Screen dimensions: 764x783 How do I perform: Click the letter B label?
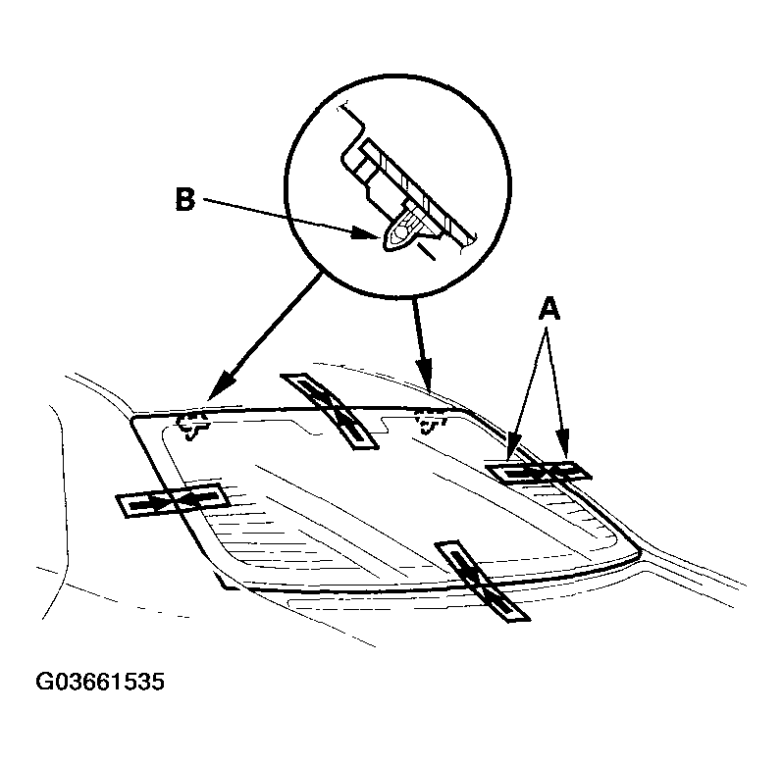pos(185,199)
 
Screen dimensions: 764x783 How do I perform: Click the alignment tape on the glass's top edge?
pos(327,410)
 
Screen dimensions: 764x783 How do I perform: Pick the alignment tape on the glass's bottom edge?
pos(481,580)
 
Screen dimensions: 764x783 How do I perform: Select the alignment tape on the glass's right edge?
pos(541,472)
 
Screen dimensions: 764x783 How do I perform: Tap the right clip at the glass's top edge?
pos(430,421)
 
